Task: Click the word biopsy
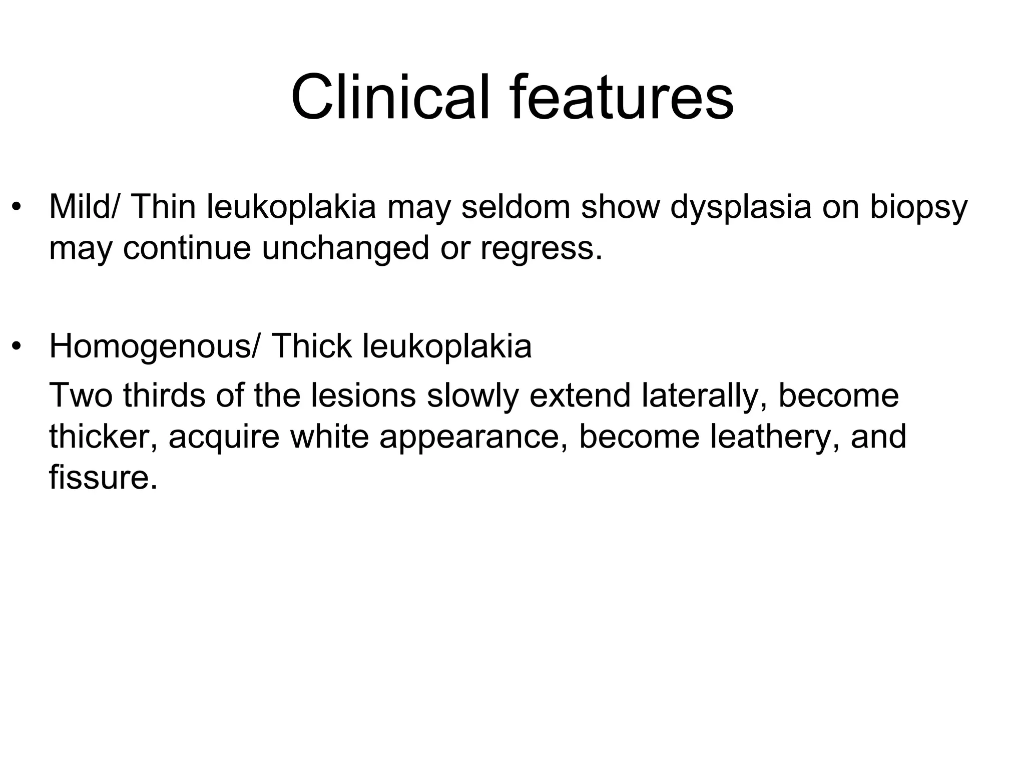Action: pos(918,208)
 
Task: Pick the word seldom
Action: pos(516,207)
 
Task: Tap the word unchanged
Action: pos(345,248)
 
